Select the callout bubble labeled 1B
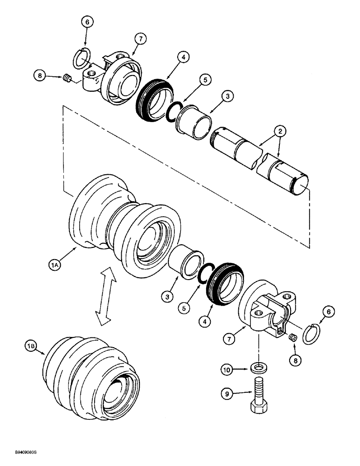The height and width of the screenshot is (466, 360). tap(31, 346)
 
